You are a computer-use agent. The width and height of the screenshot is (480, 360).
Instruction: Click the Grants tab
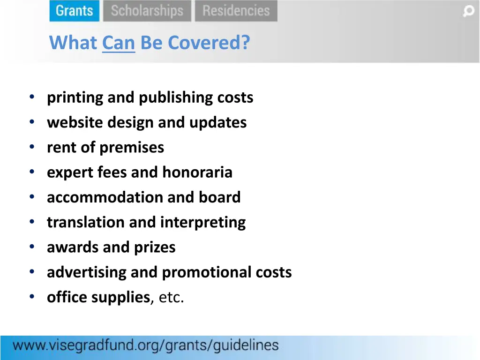click(74, 11)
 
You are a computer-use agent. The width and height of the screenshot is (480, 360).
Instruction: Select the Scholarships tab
click(147, 11)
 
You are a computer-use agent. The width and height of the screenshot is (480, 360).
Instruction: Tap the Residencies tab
click(236, 11)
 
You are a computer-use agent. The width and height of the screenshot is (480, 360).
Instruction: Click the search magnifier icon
click(468, 11)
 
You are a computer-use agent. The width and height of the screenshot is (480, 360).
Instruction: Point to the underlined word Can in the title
click(119, 43)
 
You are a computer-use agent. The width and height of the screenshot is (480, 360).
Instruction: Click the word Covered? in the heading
click(209, 43)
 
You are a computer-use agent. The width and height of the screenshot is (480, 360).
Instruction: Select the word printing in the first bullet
click(75, 97)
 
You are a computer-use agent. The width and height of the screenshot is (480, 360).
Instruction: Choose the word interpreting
click(203, 222)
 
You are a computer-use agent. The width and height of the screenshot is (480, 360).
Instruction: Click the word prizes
click(155, 247)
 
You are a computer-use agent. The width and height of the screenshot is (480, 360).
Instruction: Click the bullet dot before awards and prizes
click(31, 247)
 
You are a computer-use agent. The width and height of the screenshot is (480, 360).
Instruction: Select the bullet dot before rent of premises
click(31, 147)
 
